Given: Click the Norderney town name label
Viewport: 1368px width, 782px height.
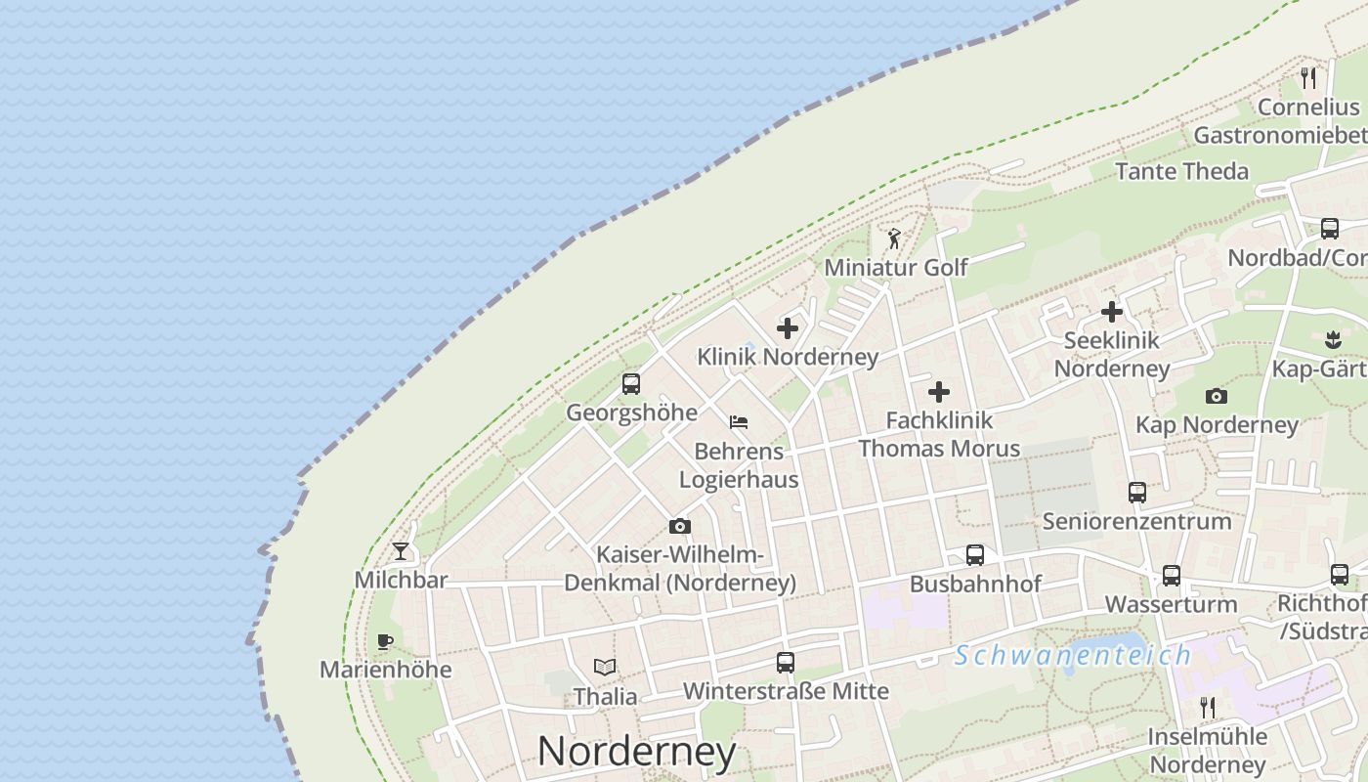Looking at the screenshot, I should point(636,751).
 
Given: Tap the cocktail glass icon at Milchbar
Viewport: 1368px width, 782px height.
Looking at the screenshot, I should point(401,551).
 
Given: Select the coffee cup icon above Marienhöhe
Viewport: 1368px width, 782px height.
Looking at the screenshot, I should point(385,642).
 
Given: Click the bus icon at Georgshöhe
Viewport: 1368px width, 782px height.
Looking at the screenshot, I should point(631,384).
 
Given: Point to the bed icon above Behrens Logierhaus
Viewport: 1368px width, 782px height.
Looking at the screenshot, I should point(739,422).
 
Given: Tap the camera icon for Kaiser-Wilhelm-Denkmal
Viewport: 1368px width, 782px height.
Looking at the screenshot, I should point(680,527).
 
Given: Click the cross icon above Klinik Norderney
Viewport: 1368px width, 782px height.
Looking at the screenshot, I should point(788,328).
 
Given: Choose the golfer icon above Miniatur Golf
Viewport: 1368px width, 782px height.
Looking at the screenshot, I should point(893,239).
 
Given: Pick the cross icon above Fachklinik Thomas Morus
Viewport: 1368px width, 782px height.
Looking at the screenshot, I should point(939,392).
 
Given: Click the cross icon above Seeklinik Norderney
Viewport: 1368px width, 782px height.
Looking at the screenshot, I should point(1112,312).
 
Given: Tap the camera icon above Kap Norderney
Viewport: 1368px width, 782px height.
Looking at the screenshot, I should point(1217,396).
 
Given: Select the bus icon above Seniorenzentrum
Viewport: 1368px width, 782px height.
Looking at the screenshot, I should point(1136,492).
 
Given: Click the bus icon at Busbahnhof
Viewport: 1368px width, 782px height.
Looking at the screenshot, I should point(974,555).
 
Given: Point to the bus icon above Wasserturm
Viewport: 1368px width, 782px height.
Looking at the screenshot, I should point(1171,575).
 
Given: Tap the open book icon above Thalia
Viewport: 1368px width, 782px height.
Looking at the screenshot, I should point(605,668).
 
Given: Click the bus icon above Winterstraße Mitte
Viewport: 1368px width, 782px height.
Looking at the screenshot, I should point(786,663).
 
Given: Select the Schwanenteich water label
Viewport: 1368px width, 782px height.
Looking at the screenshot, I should point(1073,655).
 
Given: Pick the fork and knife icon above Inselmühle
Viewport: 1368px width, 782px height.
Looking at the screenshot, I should point(1209,707).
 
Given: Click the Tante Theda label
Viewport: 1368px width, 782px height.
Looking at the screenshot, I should point(1181,171).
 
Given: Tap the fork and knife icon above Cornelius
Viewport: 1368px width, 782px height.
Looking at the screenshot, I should point(1308,77).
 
